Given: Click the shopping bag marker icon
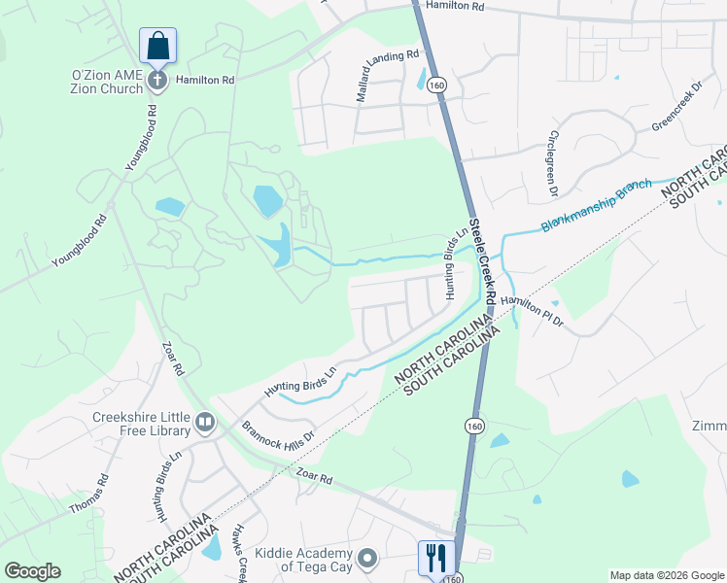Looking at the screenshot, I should pyautogui.click(x=157, y=46).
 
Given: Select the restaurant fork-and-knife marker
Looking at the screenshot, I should pyautogui.click(x=434, y=557).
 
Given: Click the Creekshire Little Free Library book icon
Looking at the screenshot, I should pyautogui.click(x=205, y=422).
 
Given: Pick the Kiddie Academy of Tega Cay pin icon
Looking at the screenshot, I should pyautogui.click(x=366, y=559).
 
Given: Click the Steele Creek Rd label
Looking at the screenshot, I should pyautogui.click(x=483, y=260).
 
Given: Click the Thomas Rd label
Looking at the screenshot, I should pyautogui.click(x=102, y=494).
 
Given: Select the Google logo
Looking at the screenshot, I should pyautogui.click(x=32, y=571).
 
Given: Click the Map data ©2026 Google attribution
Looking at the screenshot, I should pyautogui.click(x=667, y=575).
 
